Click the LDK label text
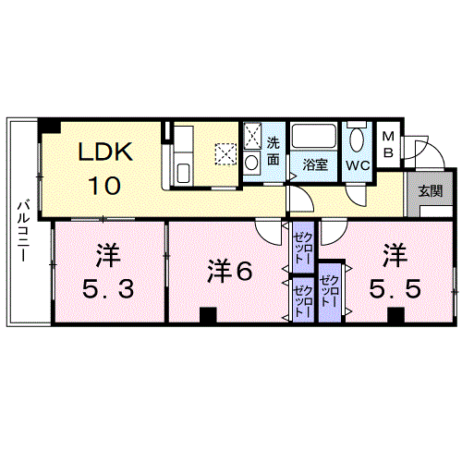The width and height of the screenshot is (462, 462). (x=104, y=152)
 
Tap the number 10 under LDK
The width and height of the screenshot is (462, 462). (x=103, y=185)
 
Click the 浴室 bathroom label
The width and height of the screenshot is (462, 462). (x=315, y=164)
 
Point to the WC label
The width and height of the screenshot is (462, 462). (x=358, y=164)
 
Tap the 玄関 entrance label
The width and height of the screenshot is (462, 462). (x=429, y=191)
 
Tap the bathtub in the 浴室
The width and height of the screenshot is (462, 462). (x=315, y=139)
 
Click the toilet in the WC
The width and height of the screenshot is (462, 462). (x=358, y=143)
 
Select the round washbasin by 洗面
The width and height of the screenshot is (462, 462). (x=252, y=163)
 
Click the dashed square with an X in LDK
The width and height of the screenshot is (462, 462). (x=226, y=153)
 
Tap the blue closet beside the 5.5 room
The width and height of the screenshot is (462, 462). (x=329, y=287)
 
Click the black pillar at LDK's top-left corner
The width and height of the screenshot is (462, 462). (x=55, y=128)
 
